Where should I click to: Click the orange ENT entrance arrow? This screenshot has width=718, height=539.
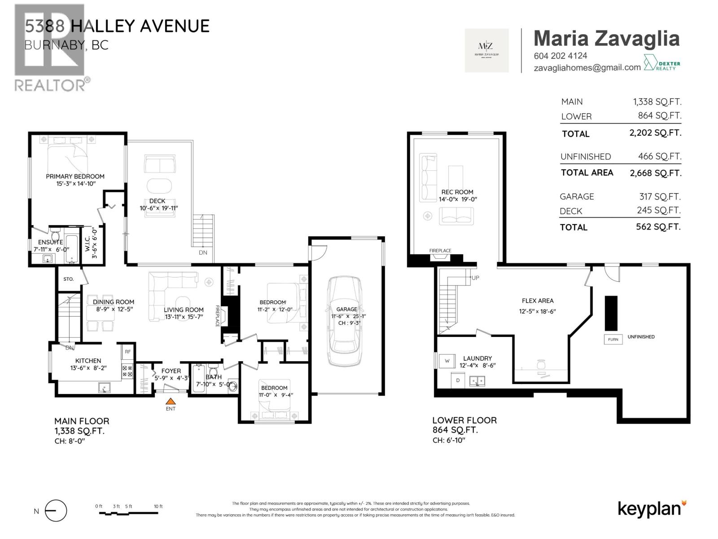[171, 402]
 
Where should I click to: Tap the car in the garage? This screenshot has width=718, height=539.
[345, 321]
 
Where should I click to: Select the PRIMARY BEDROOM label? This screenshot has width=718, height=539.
[75, 177]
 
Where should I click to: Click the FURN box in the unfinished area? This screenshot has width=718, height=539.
[613, 340]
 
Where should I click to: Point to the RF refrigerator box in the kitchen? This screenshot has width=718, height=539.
[128, 352]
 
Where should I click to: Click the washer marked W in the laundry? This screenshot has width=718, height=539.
[447, 361]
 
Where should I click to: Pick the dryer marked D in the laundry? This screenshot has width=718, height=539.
[458, 380]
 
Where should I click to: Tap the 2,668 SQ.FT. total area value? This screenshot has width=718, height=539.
[656, 173]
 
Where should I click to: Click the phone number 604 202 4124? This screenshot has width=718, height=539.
[560, 56]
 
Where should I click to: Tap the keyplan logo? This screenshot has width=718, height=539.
[652, 509]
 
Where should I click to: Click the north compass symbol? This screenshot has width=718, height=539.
[55, 511]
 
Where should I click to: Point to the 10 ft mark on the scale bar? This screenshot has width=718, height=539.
[158, 507]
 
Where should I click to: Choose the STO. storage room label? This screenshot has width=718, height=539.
[68, 279]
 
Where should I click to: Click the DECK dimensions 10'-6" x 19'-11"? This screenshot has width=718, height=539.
[158, 208]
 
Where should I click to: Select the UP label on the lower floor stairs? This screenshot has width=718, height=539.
[475, 278]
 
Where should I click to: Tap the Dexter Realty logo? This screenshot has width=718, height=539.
[662, 63]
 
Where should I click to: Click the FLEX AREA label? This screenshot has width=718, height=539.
[538, 300]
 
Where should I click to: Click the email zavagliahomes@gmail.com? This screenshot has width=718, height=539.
[587, 68]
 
